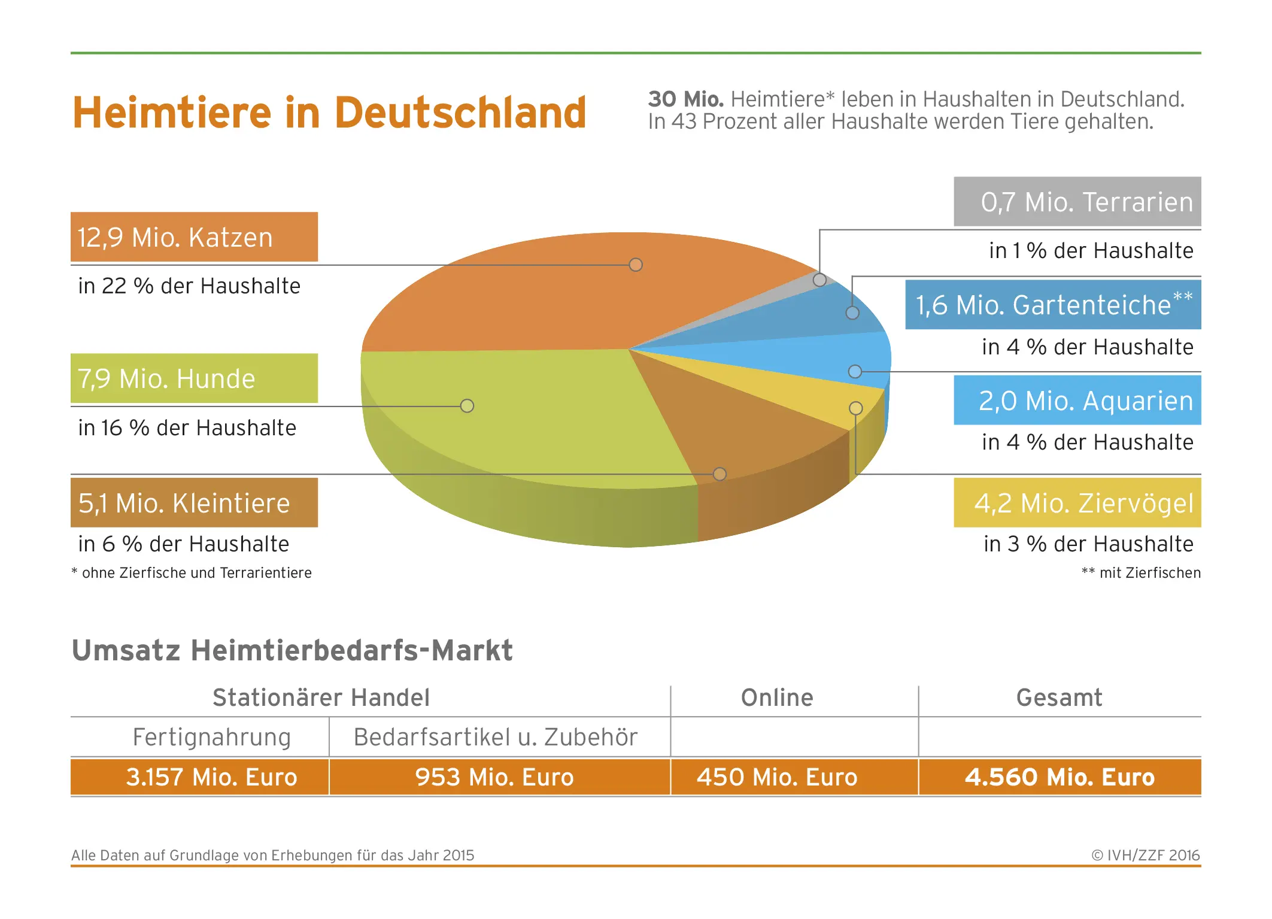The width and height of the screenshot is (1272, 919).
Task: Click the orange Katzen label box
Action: coord(194,237)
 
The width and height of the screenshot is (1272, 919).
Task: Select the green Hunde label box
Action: coord(194,378)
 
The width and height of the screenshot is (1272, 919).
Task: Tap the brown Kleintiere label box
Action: coord(194,502)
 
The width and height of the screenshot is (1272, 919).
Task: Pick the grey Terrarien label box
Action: coord(1077,201)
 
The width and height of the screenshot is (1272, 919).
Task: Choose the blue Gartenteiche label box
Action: coord(1053,305)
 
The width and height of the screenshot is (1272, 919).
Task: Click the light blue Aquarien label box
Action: coord(1077,400)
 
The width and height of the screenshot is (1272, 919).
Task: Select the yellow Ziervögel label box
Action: coord(1077,502)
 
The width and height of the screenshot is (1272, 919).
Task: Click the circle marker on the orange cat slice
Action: coord(636,265)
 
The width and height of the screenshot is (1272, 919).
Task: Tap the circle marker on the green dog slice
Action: coord(467,406)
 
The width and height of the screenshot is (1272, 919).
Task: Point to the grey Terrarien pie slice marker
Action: coord(819,280)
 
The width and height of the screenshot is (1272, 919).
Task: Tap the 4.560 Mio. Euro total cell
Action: coord(1060,777)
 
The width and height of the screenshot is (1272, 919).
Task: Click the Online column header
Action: coord(777,697)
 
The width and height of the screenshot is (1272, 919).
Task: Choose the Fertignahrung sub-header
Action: coord(212,738)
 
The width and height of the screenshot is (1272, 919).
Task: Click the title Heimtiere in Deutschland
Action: coord(329,113)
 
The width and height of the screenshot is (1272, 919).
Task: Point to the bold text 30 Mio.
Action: coord(686,99)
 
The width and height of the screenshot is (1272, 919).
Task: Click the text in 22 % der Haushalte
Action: coord(189,286)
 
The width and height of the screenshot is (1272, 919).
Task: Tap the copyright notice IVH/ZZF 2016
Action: coord(1146,855)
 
